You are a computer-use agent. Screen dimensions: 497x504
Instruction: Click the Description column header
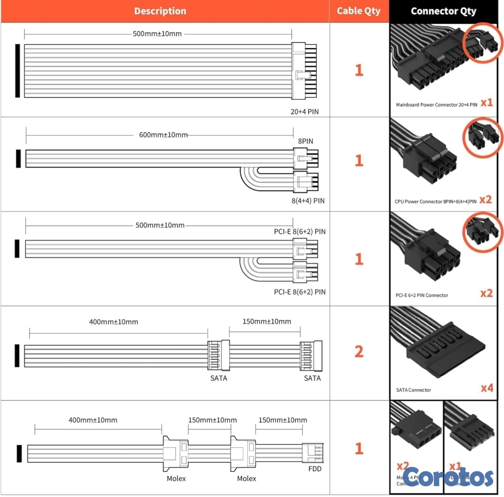pos(160,11)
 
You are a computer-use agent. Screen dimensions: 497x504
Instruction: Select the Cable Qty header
pos(358,11)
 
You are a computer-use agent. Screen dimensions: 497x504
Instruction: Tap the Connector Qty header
pos(443,11)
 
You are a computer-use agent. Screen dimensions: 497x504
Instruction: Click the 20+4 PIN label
pos(304,112)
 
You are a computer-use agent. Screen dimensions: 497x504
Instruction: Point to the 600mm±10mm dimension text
pos(163,135)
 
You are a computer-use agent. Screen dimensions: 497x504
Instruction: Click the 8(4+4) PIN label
pos(308,201)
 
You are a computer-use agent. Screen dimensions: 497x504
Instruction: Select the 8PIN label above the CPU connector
pos(306,141)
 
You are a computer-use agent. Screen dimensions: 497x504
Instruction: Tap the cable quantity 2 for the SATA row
pos(359,352)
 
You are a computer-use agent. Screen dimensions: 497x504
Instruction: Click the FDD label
pos(315,469)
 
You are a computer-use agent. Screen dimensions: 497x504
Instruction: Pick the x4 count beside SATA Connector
pos(487,388)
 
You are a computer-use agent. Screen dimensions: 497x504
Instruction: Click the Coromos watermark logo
pos(448,477)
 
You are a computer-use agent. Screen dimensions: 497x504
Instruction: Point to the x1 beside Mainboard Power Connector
pos(486,103)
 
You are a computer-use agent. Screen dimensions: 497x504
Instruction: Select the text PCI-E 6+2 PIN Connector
pos(422,295)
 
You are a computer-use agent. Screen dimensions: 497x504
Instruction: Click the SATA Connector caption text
pos(413,390)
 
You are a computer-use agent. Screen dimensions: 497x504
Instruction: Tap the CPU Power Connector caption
pos(435,201)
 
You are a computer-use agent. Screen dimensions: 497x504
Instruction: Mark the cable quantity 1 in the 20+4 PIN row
pos(359,70)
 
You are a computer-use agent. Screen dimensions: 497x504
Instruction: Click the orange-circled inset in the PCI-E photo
pos(482,233)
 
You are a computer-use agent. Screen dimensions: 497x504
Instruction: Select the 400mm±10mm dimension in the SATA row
pos(113,322)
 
